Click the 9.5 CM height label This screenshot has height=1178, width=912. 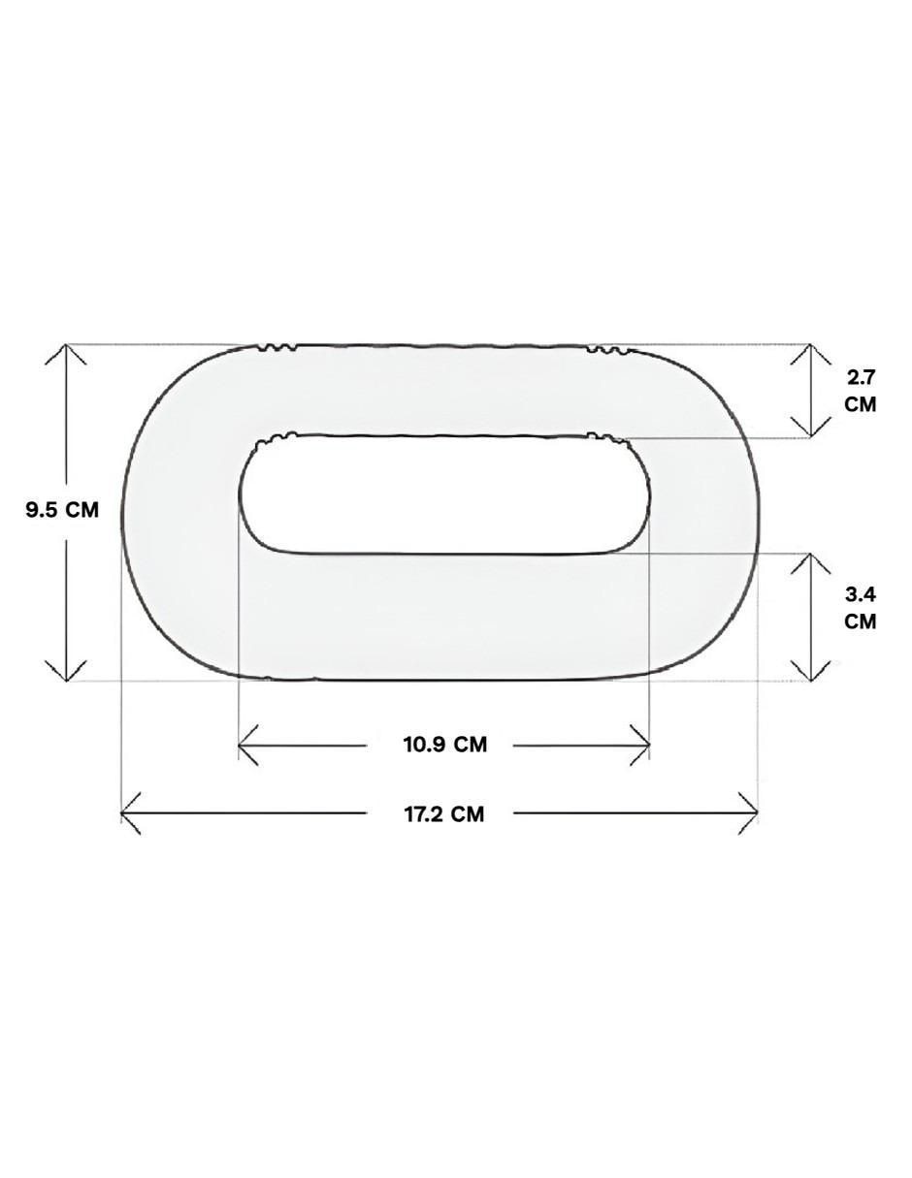[62, 510]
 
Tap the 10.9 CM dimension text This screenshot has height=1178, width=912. [445, 745]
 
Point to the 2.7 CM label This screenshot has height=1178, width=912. [861, 392]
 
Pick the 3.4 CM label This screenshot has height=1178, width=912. [861, 608]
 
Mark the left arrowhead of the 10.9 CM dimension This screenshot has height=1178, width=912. [248, 745]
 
